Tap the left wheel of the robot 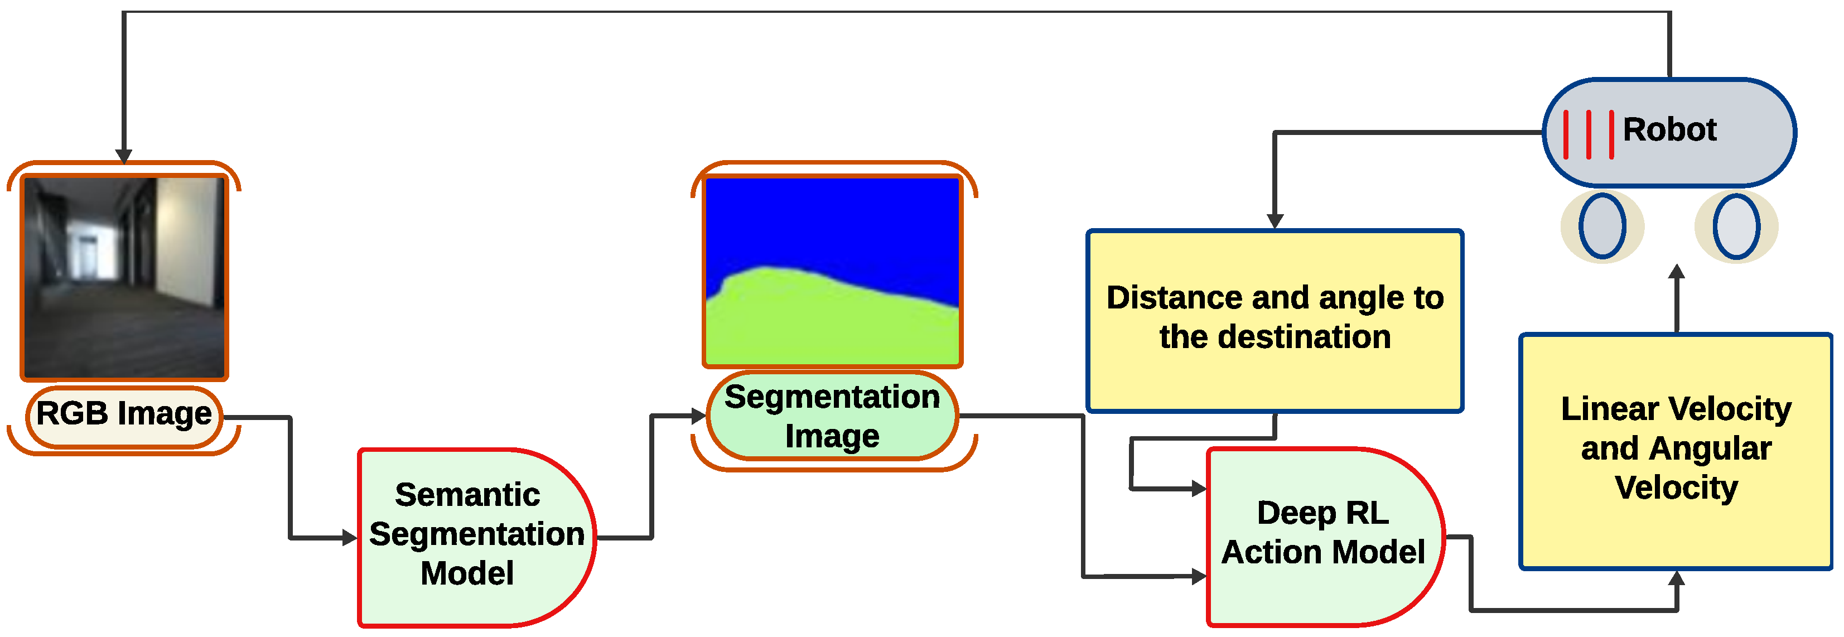1602,226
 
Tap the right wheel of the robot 1736,226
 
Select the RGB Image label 124,414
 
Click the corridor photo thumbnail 124,277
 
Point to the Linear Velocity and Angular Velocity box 1676,450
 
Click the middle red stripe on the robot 1588,134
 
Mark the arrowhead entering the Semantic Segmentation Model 350,538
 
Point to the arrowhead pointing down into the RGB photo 124,156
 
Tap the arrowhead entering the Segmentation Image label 699,416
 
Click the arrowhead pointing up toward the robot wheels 1677,272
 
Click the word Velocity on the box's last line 1676,489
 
